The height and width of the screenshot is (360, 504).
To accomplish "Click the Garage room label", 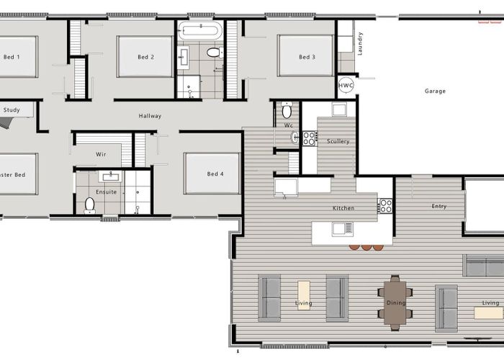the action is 435,91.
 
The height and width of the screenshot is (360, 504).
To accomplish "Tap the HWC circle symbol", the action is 346,86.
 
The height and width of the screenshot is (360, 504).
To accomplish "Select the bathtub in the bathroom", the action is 200,30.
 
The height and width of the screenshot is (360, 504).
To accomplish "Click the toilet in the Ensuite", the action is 89,205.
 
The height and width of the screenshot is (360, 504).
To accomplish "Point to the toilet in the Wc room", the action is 287,110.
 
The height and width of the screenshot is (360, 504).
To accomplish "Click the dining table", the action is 395,303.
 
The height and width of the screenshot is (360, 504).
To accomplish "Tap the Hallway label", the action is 150,116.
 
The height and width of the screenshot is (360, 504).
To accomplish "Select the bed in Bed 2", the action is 145,57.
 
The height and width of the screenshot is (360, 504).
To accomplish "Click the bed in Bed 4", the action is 212,174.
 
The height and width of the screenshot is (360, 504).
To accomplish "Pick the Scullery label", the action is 338,141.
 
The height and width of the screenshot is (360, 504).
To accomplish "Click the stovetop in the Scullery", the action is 309,138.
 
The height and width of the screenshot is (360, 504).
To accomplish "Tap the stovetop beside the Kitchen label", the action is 386,206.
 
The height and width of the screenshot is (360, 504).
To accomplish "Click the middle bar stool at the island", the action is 366,247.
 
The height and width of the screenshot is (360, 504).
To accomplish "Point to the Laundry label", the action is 360,43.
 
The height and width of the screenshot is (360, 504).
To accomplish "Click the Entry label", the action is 439,207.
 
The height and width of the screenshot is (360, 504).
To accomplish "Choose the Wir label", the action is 101,154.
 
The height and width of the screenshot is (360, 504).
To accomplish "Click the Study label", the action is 12,110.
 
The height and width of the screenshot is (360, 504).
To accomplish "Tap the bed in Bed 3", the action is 305,56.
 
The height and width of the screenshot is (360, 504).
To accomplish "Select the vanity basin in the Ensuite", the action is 111,176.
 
